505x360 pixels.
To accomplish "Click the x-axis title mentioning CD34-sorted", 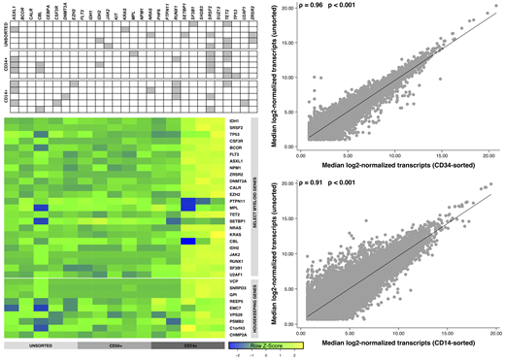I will coord(398,165).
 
